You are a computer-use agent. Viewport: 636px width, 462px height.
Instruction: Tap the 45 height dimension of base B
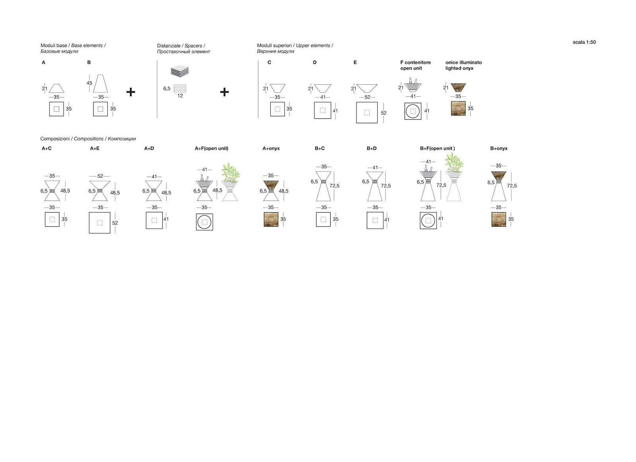89,83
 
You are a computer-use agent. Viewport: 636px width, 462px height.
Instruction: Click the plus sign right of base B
131,92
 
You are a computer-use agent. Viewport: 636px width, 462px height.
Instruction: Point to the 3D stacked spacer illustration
180,71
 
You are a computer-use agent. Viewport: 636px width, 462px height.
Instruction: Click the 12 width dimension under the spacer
180,96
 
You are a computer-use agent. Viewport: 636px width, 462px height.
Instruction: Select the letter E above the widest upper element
355,62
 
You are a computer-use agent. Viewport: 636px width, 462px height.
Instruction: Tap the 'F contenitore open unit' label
415,65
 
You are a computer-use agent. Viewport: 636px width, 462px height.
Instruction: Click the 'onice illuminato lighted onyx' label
463,65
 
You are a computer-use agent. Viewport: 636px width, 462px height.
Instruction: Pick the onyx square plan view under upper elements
458,108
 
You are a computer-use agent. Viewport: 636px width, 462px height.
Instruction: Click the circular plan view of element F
413,111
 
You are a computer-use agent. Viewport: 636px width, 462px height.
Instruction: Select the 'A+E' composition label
95,148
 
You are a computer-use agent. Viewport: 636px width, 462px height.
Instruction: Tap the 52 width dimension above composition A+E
100,176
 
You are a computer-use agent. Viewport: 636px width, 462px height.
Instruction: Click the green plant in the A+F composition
230,172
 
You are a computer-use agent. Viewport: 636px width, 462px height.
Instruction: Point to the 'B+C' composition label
320,148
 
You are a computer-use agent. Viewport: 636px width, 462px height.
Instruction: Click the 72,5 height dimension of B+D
386,186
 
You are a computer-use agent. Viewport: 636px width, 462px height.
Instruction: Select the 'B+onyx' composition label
498,148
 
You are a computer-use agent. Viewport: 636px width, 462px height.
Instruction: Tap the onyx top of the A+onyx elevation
271,185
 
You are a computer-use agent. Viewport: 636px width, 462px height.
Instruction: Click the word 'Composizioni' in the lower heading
55,139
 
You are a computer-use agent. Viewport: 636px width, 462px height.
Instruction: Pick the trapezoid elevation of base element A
56,88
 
